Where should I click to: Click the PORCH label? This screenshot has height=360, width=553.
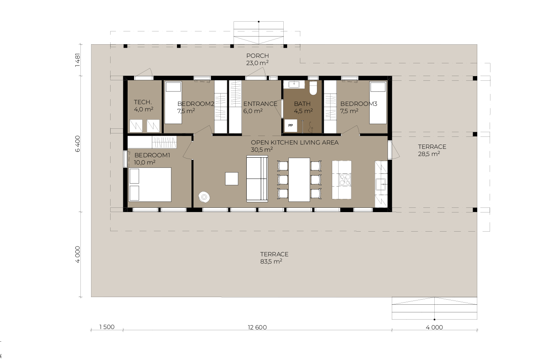click(x=257, y=56)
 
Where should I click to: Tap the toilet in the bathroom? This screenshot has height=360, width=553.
click(x=313, y=88)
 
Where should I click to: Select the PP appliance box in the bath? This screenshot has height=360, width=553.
click(x=291, y=125)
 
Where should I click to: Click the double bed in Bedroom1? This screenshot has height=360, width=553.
click(x=150, y=184)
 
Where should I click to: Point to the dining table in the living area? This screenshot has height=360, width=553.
click(x=299, y=180)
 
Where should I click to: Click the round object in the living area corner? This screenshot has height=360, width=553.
click(x=204, y=197)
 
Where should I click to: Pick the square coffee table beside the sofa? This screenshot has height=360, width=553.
click(x=231, y=179)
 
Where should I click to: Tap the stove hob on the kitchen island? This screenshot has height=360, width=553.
click(x=345, y=180)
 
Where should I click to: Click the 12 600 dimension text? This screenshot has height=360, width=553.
click(x=257, y=327)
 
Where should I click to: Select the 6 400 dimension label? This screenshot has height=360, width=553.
click(x=77, y=144)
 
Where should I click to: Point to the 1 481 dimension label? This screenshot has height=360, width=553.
click(x=77, y=60)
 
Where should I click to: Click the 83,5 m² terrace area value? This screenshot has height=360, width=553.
click(x=271, y=261)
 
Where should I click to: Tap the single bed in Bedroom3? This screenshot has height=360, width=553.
click(x=378, y=103)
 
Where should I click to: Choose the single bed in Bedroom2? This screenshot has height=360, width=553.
click(x=173, y=103)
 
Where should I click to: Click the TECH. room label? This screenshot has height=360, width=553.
click(x=143, y=102)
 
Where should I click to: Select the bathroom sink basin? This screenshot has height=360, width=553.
click(x=294, y=84)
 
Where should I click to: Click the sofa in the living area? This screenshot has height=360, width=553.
click(x=257, y=179)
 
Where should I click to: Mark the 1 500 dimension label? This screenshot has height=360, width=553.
click(x=107, y=327)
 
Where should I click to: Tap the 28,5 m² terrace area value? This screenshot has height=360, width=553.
click(x=429, y=154)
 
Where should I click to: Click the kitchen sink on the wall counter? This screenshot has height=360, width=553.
click(x=381, y=184)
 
